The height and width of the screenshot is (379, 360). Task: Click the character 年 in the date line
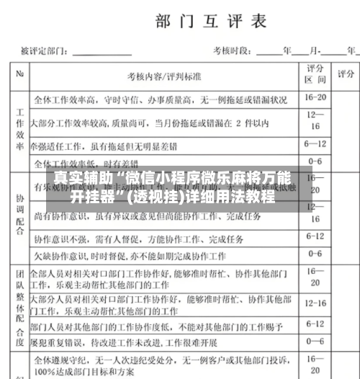287,51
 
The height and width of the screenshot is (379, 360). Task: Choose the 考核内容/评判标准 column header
163,76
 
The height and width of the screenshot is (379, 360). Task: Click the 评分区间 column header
315,75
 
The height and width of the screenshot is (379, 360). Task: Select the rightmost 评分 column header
346,74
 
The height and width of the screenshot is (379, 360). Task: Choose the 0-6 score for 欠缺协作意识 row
315,253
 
